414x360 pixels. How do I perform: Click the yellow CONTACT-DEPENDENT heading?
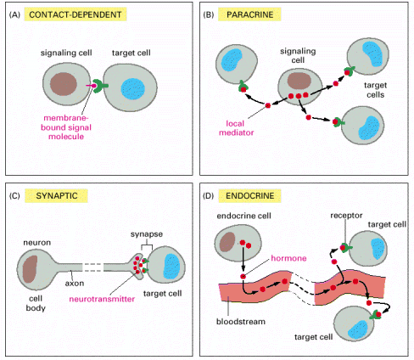click(x=76, y=14)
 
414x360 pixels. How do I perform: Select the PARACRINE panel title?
click(x=249, y=14)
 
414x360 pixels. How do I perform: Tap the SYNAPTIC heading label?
click(x=56, y=196)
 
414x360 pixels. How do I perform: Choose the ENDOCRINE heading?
click(x=249, y=196)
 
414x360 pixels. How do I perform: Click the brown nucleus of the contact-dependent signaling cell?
click(x=64, y=84)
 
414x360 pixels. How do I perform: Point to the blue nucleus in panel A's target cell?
click(x=133, y=89)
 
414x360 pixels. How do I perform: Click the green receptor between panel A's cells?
click(x=100, y=86)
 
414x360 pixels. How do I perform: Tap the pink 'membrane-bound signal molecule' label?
click(x=66, y=127)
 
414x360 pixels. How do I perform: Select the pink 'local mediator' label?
click(x=236, y=128)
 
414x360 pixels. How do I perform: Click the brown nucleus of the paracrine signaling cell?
click(x=299, y=81)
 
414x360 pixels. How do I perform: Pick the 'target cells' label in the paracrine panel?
click(x=375, y=90)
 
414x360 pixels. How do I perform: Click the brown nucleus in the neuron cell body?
click(x=30, y=269)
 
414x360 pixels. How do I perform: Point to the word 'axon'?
click(x=75, y=284)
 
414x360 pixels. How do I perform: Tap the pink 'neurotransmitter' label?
click(x=102, y=299)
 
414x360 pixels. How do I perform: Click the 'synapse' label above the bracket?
click(x=147, y=234)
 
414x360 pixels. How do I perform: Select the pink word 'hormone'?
click(x=288, y=258)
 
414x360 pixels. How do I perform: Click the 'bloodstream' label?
click(x=241, y=322)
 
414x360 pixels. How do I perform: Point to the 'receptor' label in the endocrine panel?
click(x=346, y=216)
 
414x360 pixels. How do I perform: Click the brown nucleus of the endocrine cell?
click(x=227, y=242)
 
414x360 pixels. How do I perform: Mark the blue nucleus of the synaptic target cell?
click(x=171, y=267)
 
